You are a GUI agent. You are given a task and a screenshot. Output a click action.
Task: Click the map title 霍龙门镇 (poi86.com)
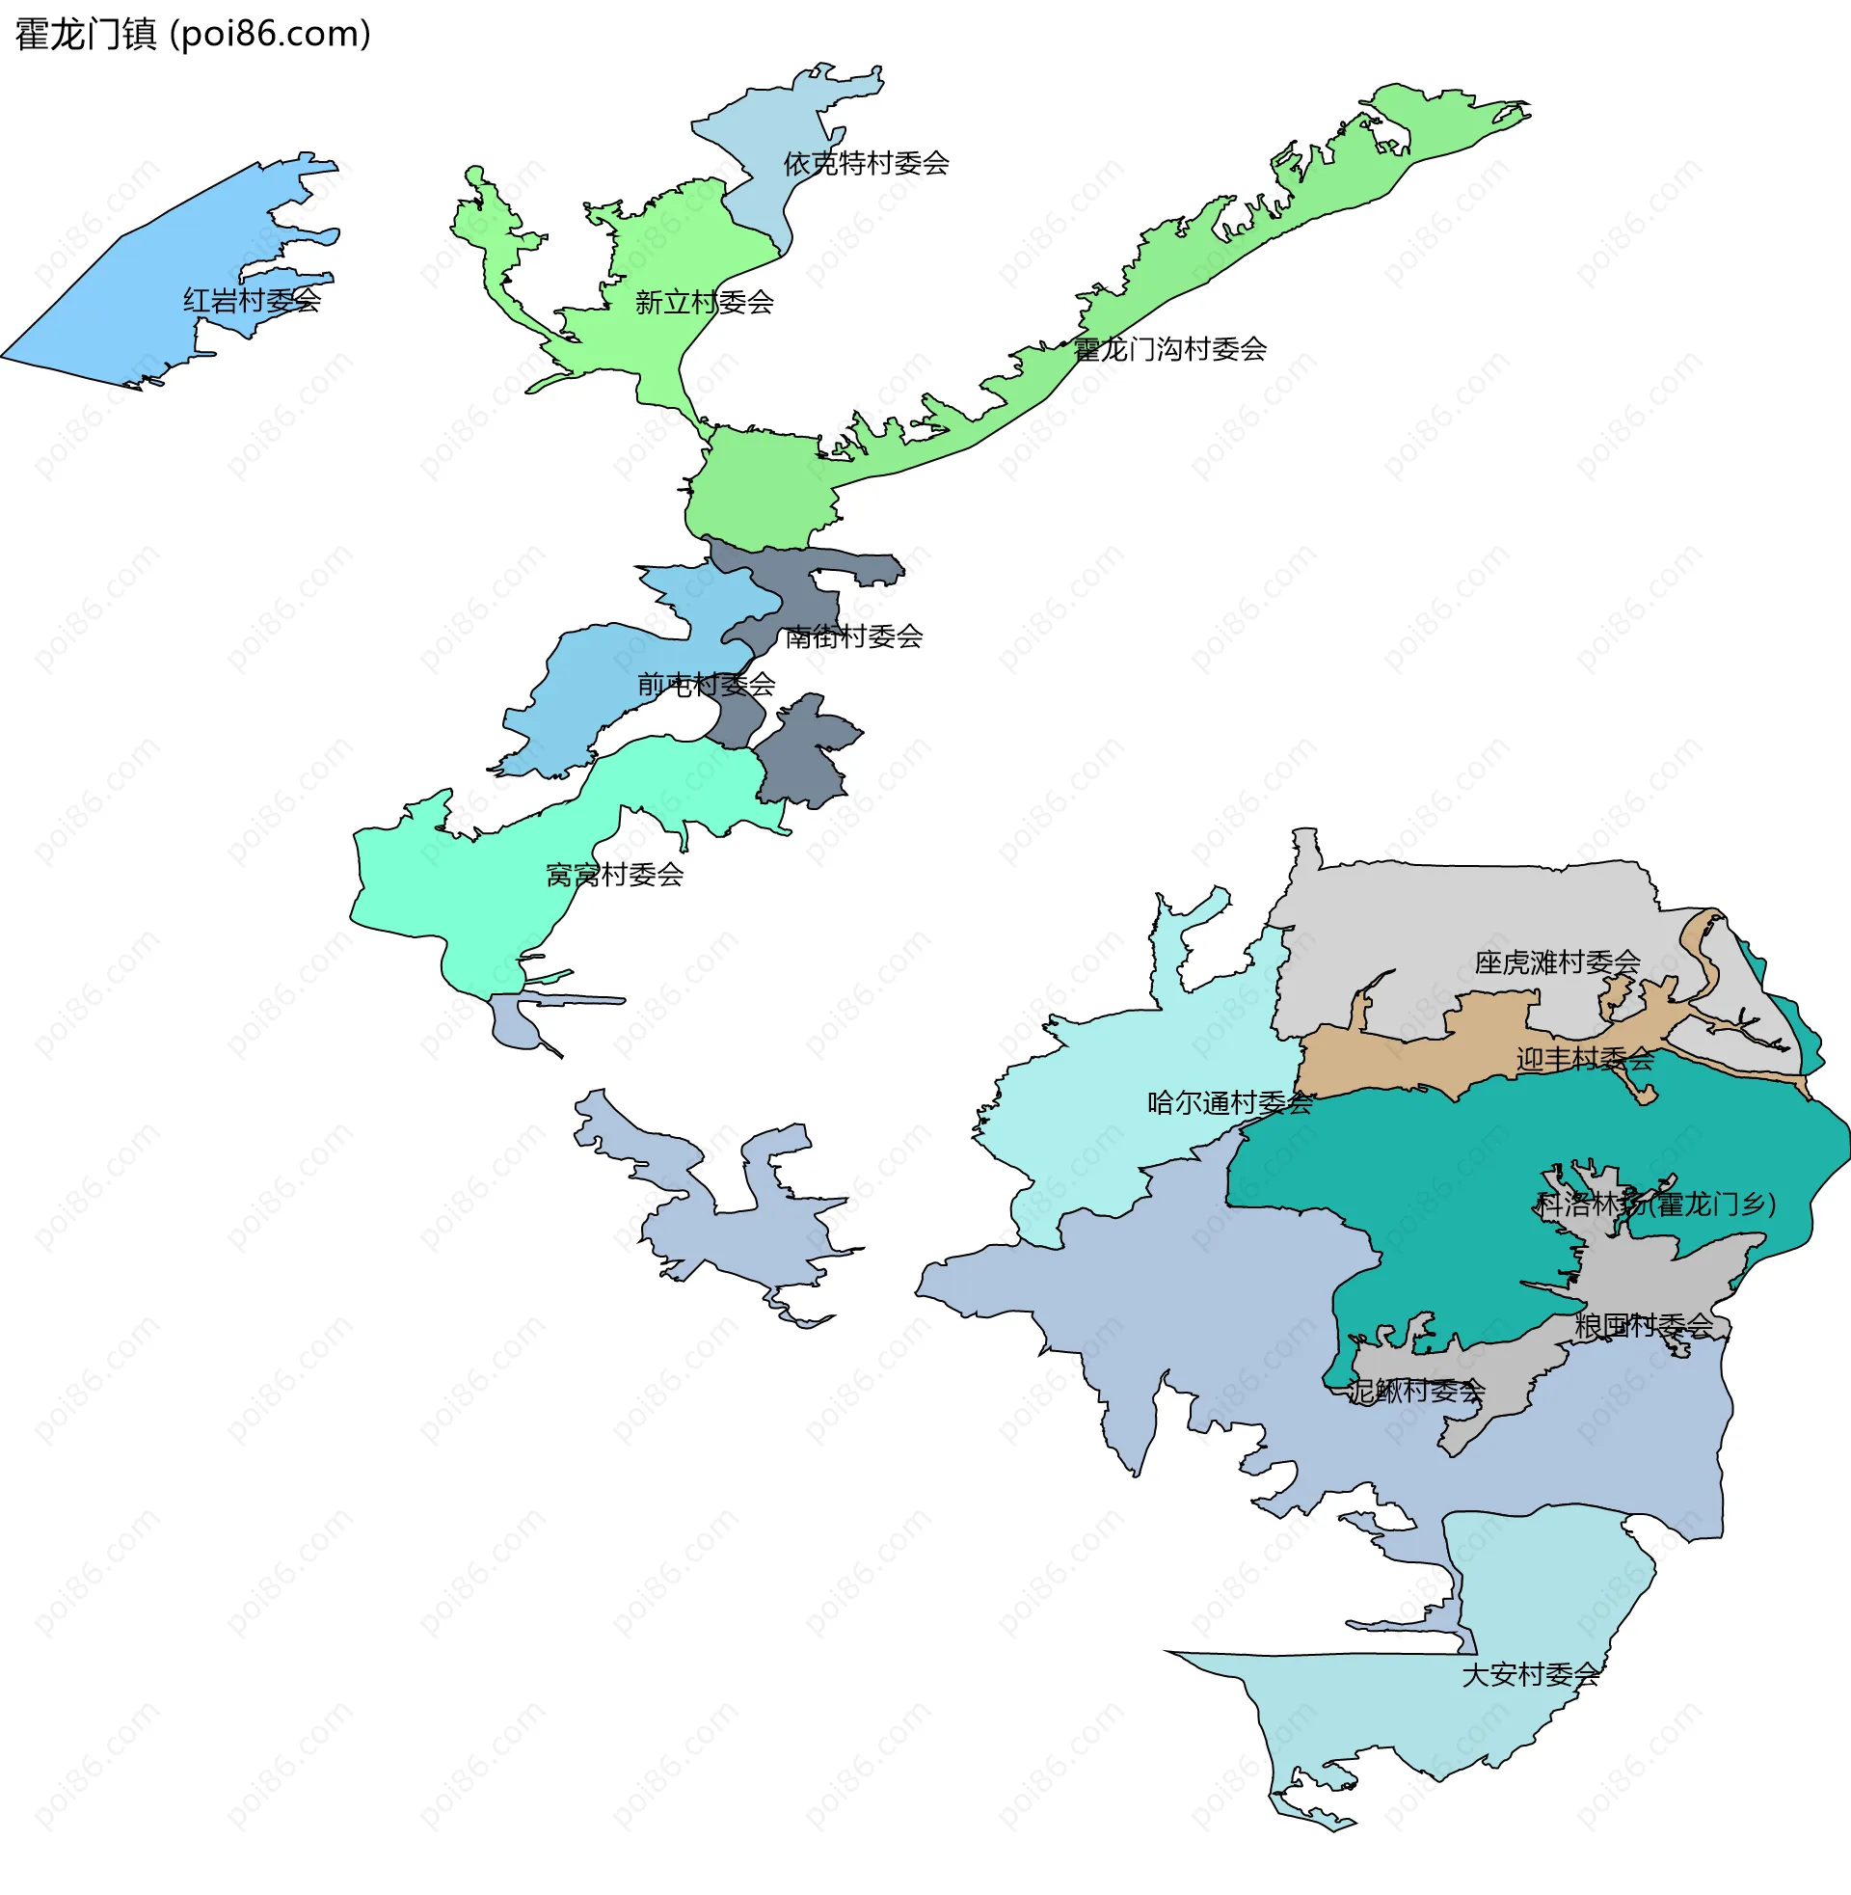193,34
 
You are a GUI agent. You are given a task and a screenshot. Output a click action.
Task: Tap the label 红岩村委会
252,301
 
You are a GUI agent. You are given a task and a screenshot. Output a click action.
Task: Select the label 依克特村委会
866,163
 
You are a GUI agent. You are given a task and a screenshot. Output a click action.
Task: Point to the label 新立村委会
704,303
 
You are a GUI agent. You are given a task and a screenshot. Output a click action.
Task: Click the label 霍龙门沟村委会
1169,349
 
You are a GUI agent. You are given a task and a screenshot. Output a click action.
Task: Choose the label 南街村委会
853,636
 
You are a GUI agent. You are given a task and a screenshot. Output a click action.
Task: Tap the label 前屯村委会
706,685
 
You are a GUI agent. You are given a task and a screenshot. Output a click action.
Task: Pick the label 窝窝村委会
614,875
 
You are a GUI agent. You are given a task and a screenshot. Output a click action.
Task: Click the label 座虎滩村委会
1556,962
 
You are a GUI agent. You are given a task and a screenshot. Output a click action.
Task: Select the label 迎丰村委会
1585,1058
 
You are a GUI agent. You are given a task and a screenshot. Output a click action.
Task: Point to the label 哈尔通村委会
1230,1102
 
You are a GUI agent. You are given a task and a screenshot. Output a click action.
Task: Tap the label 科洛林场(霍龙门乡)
1655,1205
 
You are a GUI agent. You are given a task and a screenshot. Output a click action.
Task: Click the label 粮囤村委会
1643,1325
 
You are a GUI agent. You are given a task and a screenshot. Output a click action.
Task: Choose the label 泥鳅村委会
1416,1392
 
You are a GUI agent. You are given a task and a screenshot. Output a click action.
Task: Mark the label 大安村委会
1530,1674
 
